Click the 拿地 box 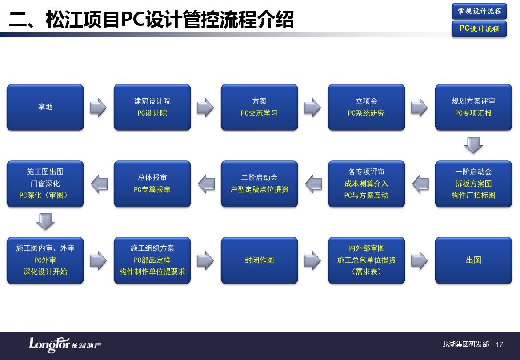(45, 107)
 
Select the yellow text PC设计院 (152, 113)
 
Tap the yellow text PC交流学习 (259, 113)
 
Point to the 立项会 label (367, 101)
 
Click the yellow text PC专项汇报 (473, 113)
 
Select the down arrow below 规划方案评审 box (473, 145)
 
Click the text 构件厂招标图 (473, 195)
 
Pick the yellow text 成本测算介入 (367, 183)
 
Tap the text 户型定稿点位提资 (260, 189)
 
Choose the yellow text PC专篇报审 (152, 189)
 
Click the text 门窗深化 (45, 183)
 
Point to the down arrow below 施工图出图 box (45, 222)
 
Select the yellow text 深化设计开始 (45, 272)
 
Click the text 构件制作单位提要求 (152, 272)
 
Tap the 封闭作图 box (260, 260)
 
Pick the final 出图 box (474, 260)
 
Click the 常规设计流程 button (479, 11)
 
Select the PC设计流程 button (479, 29)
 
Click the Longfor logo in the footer (65, 345)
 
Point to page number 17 (500, 344)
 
